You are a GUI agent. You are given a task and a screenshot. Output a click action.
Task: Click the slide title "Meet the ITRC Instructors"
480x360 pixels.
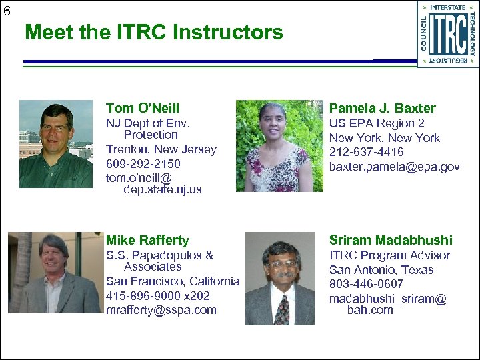click(x=154, y=32)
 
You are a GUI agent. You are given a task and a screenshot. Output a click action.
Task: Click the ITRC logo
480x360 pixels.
click(x=447, y=34)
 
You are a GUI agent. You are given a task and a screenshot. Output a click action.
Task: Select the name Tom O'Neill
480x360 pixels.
click(x=143, y=108)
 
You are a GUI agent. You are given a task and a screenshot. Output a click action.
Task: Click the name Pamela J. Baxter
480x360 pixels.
click(x=383, y=108)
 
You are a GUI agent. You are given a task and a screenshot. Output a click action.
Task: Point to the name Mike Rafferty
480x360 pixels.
click(x=147, y=240)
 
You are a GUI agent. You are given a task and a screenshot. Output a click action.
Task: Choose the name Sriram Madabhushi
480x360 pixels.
click(x=391, y=240)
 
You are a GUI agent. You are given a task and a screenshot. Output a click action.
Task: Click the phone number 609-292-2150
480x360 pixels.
click(x=143, y=163)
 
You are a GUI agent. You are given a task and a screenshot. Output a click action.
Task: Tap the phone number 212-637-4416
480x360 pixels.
click(x=366, y=152)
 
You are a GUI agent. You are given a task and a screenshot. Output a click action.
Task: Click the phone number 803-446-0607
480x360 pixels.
click(x=366, y=285)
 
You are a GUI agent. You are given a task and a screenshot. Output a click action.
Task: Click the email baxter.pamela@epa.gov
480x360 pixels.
click(x=394, y=166)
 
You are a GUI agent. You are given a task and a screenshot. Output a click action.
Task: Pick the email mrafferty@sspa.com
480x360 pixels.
click(x=161, y=310)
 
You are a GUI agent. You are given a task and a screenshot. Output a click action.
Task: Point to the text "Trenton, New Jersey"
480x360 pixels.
click(x=161, y=149)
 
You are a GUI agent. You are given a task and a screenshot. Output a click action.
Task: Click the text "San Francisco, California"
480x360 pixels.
click(x=172, y=281)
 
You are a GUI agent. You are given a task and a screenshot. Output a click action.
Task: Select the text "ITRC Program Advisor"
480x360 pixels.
click(x=389, y=255)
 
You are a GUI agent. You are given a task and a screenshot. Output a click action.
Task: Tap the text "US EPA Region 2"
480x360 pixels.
click(x=377, y=123)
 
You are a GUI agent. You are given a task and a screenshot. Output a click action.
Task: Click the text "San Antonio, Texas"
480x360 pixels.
click(x=381, y=270)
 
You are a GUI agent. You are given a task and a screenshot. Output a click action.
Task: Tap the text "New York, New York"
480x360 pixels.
click(x=385, y=138)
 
